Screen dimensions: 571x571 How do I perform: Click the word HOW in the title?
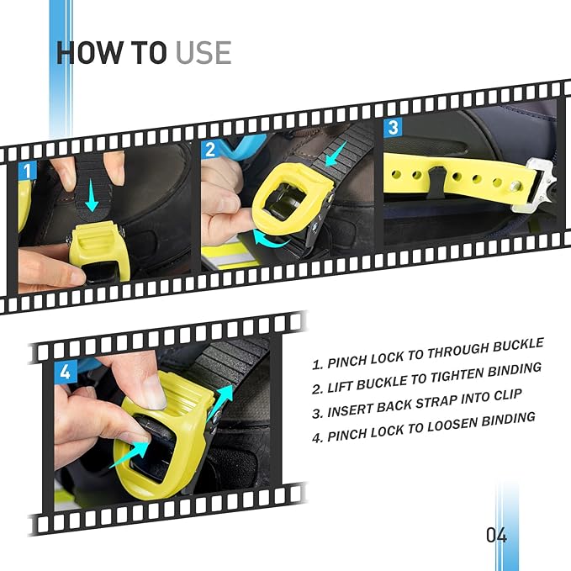[x=89, y=53]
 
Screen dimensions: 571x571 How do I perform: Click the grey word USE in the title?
[x=204, y=53]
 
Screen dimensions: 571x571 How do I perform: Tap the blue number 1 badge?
[x=27, y=171]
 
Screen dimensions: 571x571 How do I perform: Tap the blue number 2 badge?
[x=210, y=150]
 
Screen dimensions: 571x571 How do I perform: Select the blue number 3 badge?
[x=393, y=128]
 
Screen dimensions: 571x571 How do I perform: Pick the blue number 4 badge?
[x=66, y=372]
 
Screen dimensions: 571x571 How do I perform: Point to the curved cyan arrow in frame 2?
[x=270, y=239]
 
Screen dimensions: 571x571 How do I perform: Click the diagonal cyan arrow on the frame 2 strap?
[x=336, y=154]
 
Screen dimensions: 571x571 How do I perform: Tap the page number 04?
[x=496, y=535]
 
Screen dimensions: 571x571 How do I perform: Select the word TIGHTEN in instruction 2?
[x=454, y=375]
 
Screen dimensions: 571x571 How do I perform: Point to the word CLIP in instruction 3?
[x=508, y=396]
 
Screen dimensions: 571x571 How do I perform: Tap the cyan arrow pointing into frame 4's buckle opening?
[x=130, y=454]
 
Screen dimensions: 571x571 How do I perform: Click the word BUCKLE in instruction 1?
[x=519, y=345]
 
